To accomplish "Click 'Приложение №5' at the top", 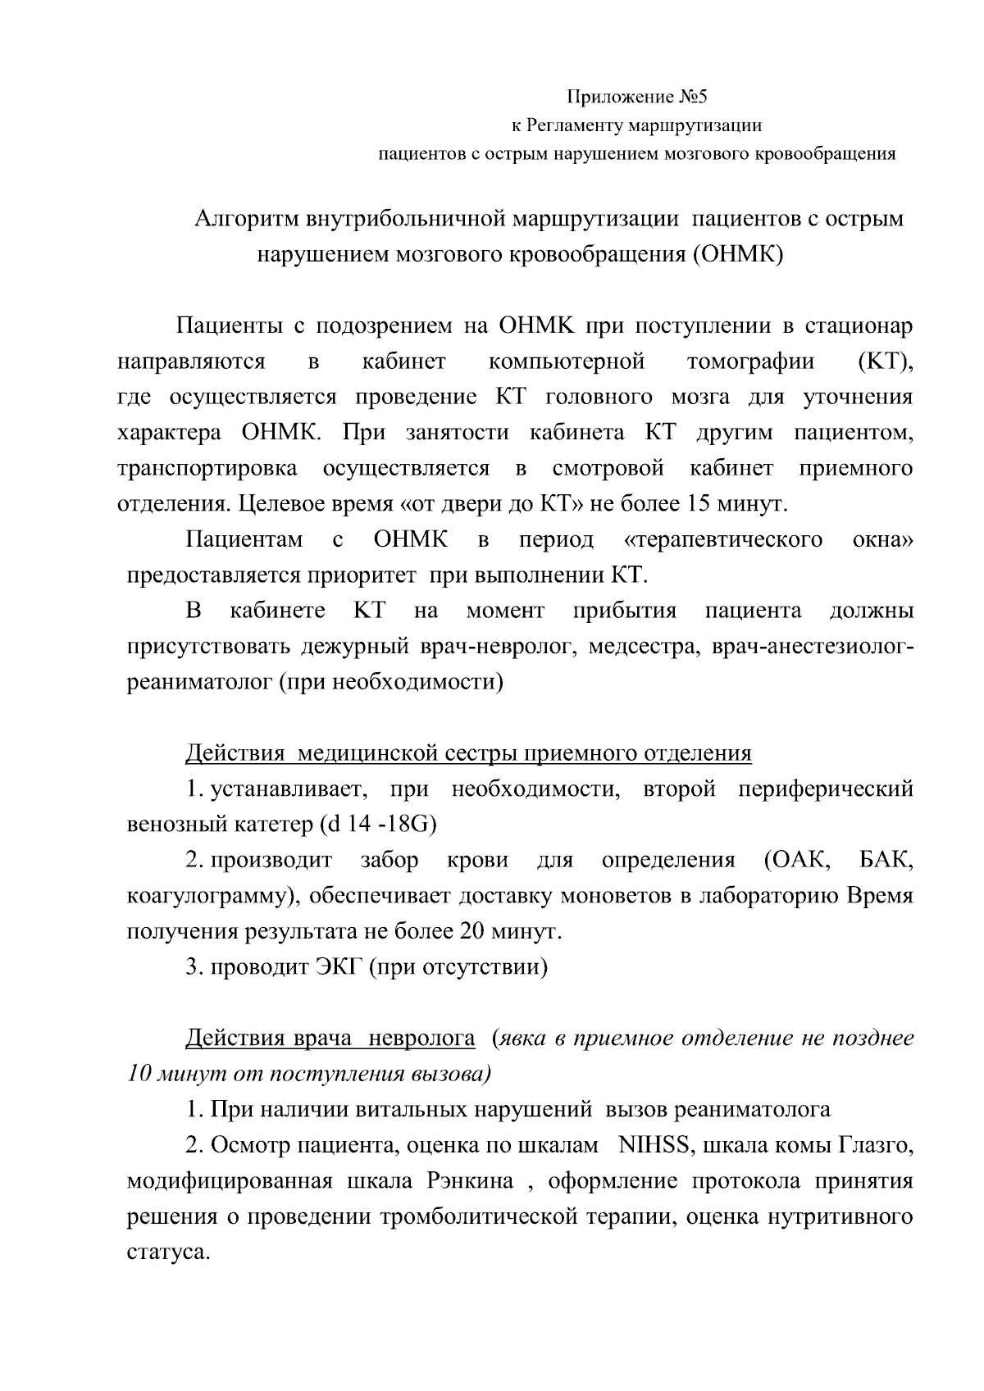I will [x=637, y=98].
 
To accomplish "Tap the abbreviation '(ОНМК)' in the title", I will [x=738, y=254].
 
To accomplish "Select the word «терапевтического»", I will [x=723, y=539].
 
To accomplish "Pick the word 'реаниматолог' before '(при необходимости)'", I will [x=199, y=682].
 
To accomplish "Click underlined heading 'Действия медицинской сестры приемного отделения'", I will [x=468, y=753].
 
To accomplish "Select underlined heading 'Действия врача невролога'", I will [x=330, y=1039].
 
